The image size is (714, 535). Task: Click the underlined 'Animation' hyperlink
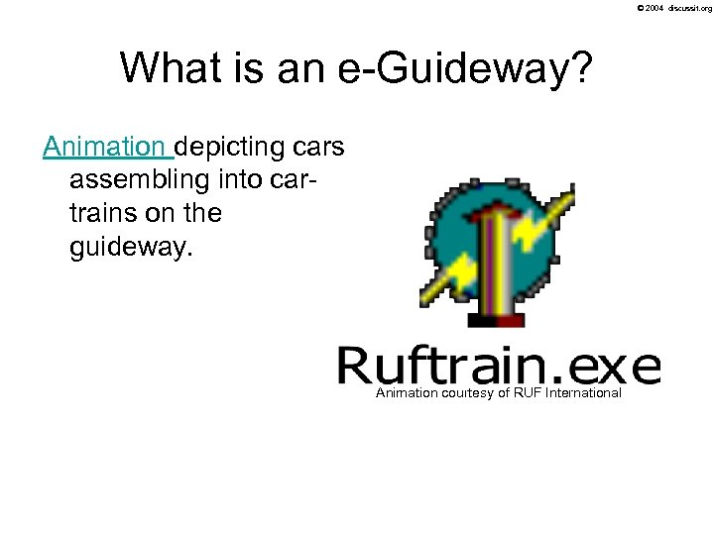[106, 147]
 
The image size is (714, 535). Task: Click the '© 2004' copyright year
[650, 8]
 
